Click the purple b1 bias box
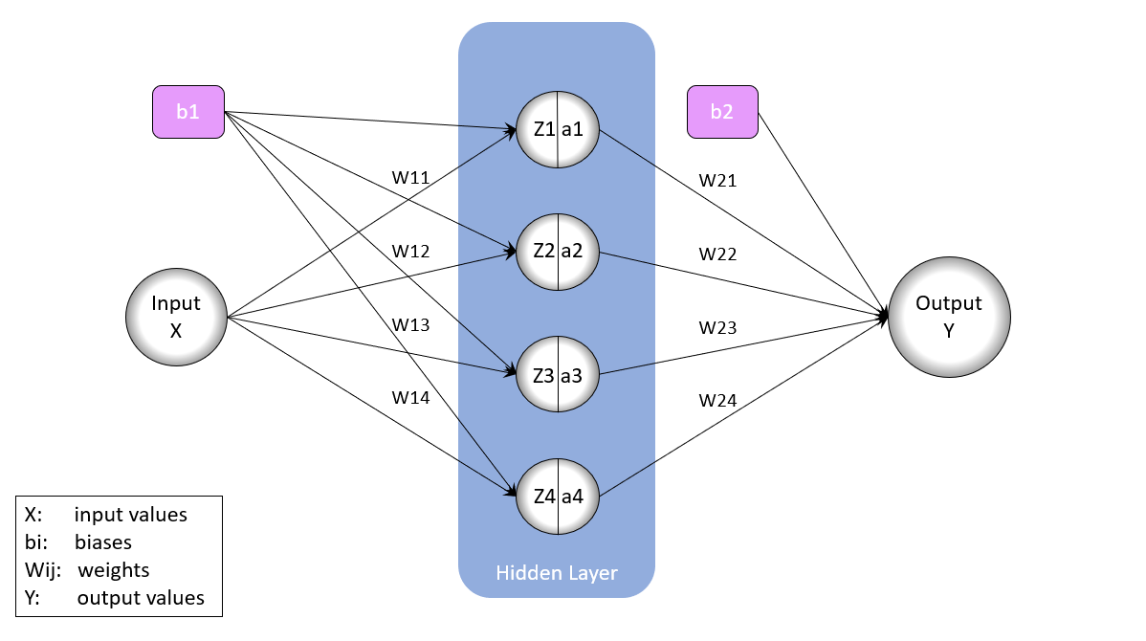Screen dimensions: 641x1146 [x=187, y=111]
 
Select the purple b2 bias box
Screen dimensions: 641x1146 [x=722, y=111]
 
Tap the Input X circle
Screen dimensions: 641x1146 [x=176, y=317]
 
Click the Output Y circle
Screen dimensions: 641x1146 [x=948, y=317]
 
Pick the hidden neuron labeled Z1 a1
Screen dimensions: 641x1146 [x=558, y=128]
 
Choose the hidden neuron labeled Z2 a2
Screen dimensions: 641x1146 [x=558, y=251]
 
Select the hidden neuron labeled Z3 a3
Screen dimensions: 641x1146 [x=558, y=374]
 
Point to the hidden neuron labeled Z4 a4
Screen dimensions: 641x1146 [x=558, y=496]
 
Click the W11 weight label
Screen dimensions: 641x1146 [x=410, y=178]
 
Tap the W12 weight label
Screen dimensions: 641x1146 [x=410, y=252]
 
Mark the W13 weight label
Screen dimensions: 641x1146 [x=410, y=325]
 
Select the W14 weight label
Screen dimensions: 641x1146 [x=410, y=397]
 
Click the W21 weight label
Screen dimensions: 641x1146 [x=717, y=180]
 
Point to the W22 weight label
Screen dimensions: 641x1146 [x=717, y=254]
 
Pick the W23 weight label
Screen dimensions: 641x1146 [x=717, y=327]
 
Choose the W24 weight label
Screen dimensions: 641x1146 [x=717, y=400]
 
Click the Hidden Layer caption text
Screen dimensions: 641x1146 [x=557, y=573]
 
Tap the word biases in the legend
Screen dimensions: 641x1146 [x=103, y=542]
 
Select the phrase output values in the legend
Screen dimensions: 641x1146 [x=141, y=598]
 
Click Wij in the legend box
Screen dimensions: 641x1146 [x=42, y=570]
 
